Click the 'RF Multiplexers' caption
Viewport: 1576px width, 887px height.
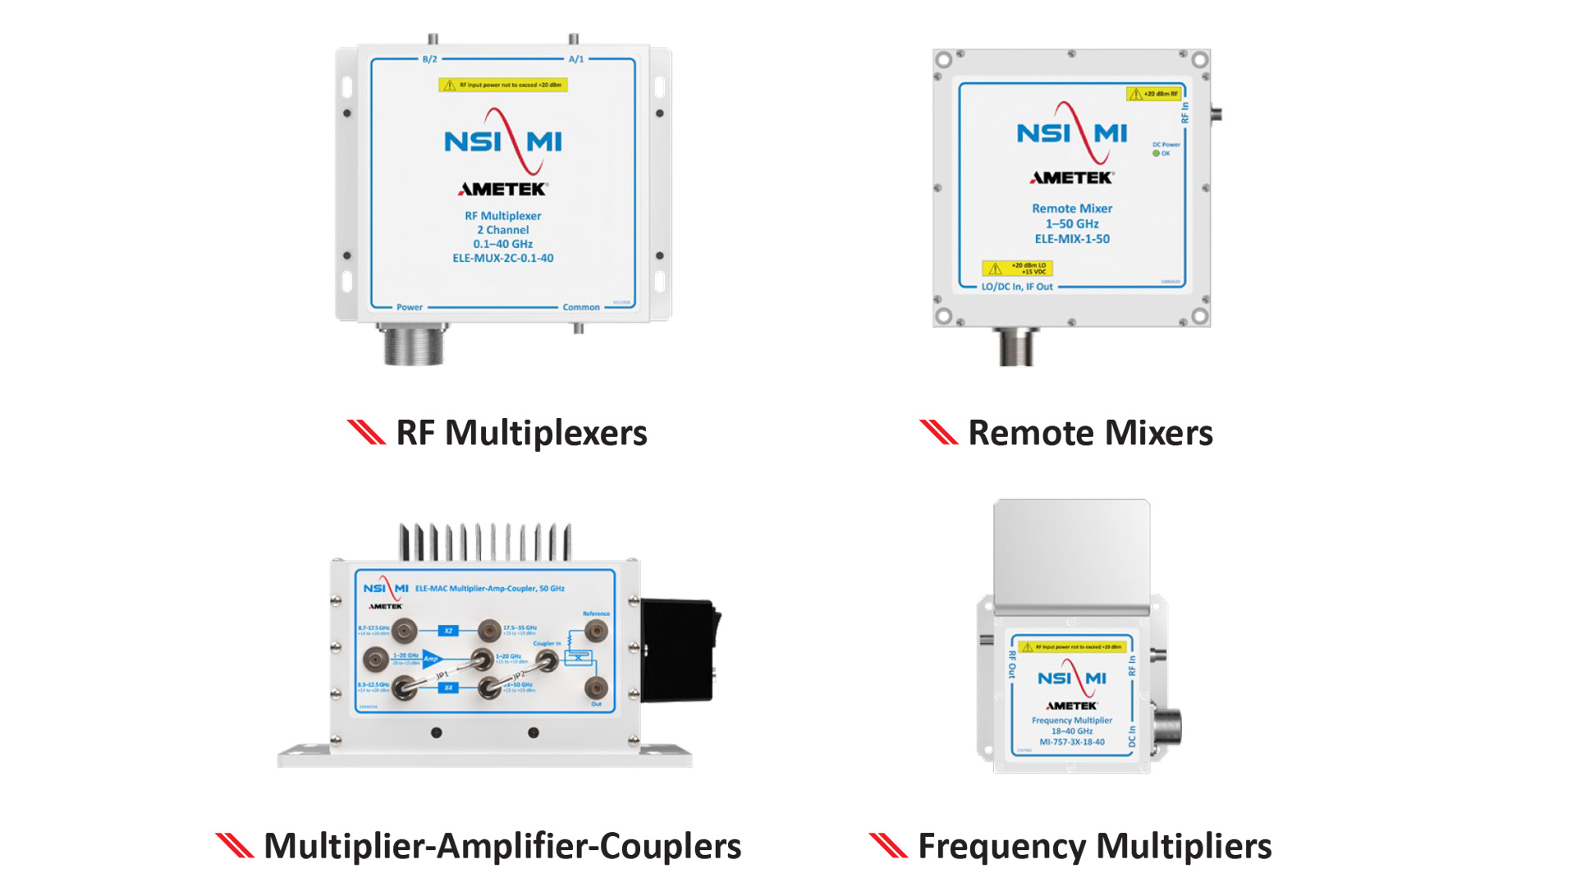pyautogui.click(x=521, y=433)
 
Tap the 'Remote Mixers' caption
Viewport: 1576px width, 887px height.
pyautogui.click(x=1090, y=433)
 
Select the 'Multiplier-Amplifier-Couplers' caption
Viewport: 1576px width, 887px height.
pyautogui.click(x=502, y=846)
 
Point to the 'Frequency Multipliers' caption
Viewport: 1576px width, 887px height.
pyautogui.click(x=1094, y=846)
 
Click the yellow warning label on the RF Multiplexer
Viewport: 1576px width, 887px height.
pyautogui.click(x=503, y=85)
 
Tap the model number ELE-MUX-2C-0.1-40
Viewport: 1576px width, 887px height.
pyautogui.click(x=503, y=258)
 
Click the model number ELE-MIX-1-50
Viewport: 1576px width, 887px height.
pyautogui.click(x=1072, y=239)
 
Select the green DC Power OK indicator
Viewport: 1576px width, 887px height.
pyautogui.click(x=1157, y=154)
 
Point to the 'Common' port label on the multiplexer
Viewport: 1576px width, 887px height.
pyautogui.click(x=581, y=307)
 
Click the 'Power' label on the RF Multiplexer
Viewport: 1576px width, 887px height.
pyautogui.click(x=410, y=307)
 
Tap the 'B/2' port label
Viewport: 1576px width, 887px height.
pyautogui.click(x=429, y=59)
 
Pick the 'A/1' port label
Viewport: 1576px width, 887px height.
pyautogui.click(x=576, y=59)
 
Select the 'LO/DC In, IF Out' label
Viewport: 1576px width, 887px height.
pyautogui.click(x=1017, y=287)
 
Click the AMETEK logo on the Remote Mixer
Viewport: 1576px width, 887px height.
pyautogui.click(x=1072, y=177)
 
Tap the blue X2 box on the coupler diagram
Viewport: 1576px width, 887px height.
pyautogui.click(x=448, y=631)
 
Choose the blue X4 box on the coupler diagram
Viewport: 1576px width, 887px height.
pyautogui.click(x=448, y=687)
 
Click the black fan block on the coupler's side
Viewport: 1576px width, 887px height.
pyautogui.click(x=678, y=649)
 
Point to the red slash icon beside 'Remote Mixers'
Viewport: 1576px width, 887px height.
pyautogui.click(x=938, y=432)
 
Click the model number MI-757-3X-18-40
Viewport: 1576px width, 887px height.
pyautogui.click(x=1072, y=742)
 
